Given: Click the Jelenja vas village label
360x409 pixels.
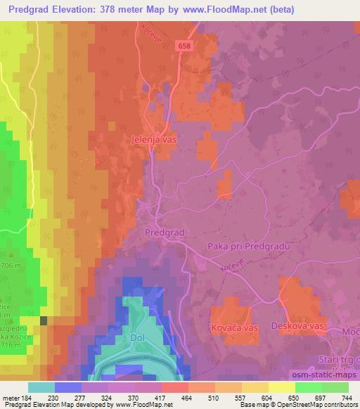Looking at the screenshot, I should (153, 140).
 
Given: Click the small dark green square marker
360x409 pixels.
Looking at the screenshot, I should (44, 320).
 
